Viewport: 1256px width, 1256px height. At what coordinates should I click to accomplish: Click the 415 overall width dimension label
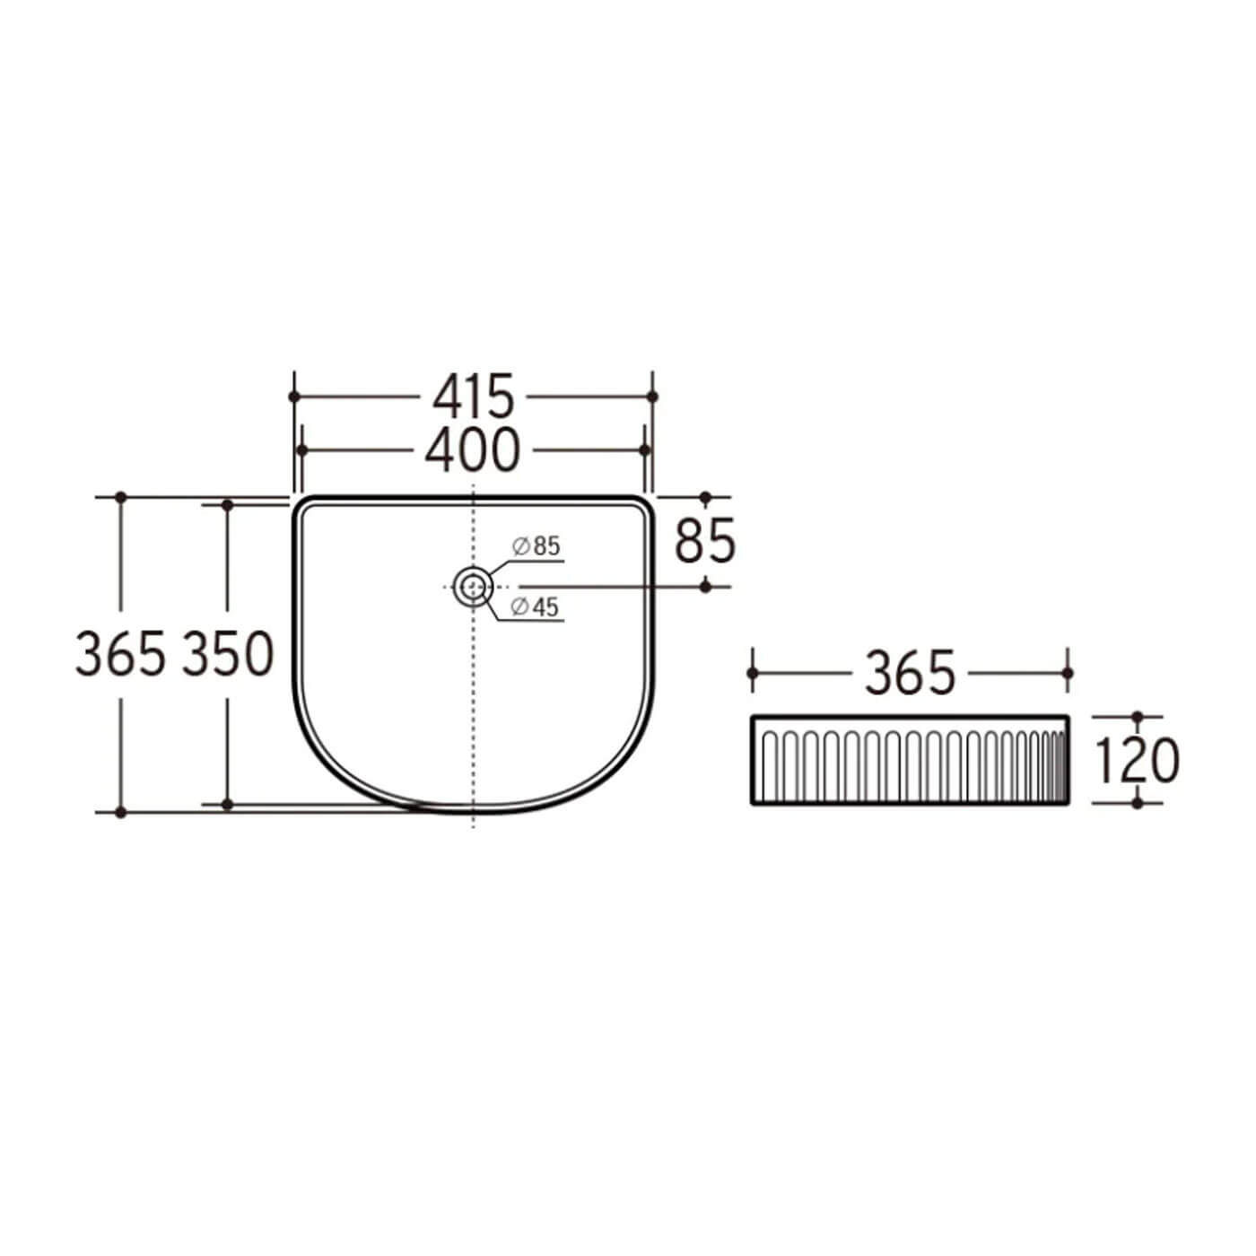point(474,397)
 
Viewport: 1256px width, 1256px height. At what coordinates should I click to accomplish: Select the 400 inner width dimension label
point(473,450)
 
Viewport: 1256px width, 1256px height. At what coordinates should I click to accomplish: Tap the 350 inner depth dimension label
point(228,654)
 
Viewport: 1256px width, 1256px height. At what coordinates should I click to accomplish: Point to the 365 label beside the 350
point(121,654)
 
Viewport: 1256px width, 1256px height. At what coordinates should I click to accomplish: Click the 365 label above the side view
point(910,673)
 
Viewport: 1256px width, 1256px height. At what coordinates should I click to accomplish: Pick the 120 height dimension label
point(1138,761)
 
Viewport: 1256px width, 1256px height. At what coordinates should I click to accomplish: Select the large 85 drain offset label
point(705,541)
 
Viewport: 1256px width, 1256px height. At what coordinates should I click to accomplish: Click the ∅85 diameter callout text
point(536,545)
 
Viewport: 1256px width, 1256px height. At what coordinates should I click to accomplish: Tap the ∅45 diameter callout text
point(535,607)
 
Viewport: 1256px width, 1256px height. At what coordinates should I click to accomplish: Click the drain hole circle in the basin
point(472,586)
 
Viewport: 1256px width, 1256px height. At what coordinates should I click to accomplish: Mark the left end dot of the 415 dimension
point(293,397)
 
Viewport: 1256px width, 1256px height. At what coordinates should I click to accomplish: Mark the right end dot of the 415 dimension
point(652,397)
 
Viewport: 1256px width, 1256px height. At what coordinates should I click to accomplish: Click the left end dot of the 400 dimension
point(302,450)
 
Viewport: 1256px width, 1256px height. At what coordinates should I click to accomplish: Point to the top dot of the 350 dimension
point(228,506)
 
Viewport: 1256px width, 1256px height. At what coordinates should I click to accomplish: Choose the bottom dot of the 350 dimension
point(228,805)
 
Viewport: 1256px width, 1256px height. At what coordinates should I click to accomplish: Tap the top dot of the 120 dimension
point(1138,717)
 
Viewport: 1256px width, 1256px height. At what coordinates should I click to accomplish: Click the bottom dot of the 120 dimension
point(1138,802)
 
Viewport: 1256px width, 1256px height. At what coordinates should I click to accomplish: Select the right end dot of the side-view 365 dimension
point(1068,673)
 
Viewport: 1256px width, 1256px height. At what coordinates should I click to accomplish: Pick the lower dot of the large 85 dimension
point(705,586)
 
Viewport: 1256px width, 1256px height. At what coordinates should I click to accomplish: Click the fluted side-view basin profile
point(910,761)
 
